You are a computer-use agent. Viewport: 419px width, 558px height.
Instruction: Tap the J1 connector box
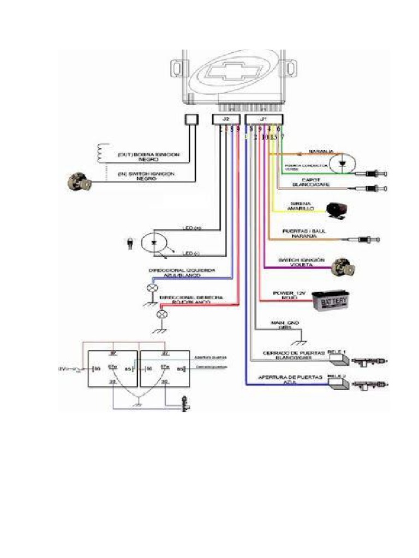point(264,119)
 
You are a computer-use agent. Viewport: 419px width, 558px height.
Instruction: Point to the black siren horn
point(337,210)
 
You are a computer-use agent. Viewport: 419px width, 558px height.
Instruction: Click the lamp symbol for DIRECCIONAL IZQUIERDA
point(152,288)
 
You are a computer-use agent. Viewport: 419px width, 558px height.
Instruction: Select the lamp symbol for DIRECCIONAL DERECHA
point(161,314)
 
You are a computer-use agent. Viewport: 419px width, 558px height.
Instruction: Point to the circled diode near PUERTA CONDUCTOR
point(341,162)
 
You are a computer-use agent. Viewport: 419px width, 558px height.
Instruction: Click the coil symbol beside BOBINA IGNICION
point(100,153)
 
